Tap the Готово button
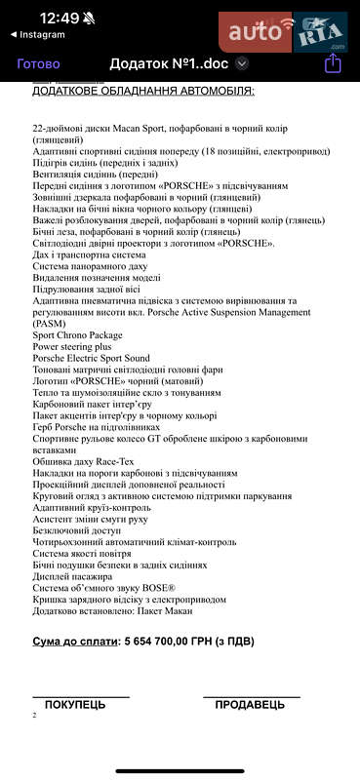[39, 63]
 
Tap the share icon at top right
[333, 63]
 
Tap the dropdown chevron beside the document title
[242, 63]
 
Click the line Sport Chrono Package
[78, 334]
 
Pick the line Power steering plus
[72, 346]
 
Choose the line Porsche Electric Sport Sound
[92, 358]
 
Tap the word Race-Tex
[115, 461]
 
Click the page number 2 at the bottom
[34, 715]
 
